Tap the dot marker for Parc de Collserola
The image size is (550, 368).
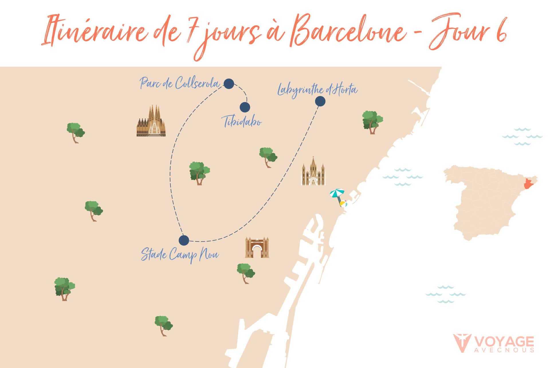click(x=229, y=84)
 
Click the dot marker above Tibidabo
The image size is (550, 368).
click(x=245, y=107)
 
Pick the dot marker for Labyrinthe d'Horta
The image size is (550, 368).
click(x=320, y=101)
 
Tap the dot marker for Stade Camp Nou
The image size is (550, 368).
click(x=184, y=240)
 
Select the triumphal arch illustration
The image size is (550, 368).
click(x=257, y=247)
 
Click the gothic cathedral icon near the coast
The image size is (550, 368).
click(x=313, y=172)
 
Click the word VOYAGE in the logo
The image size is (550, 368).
click(x=504, y=342)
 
